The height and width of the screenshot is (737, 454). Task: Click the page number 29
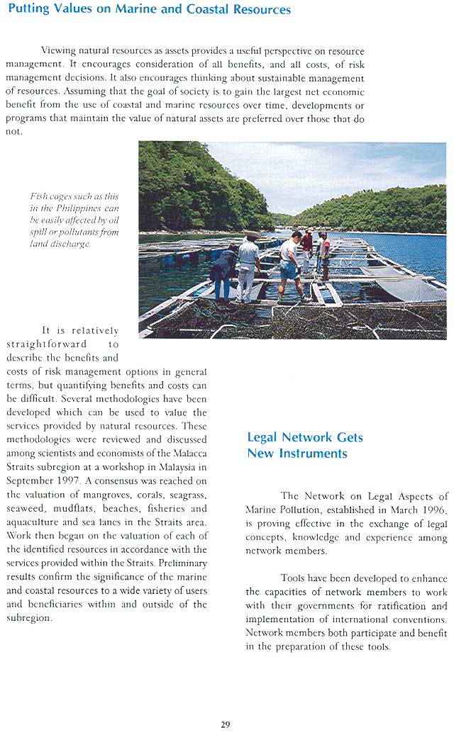[x=225, y=724]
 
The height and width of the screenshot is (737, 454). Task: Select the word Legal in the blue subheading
[x=264, y=438]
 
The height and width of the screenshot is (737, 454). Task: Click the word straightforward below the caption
[x=46, y=344]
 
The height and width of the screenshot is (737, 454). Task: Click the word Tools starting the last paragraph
[x=294, y=578]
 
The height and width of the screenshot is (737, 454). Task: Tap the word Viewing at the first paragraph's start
[x=57, y=51]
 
